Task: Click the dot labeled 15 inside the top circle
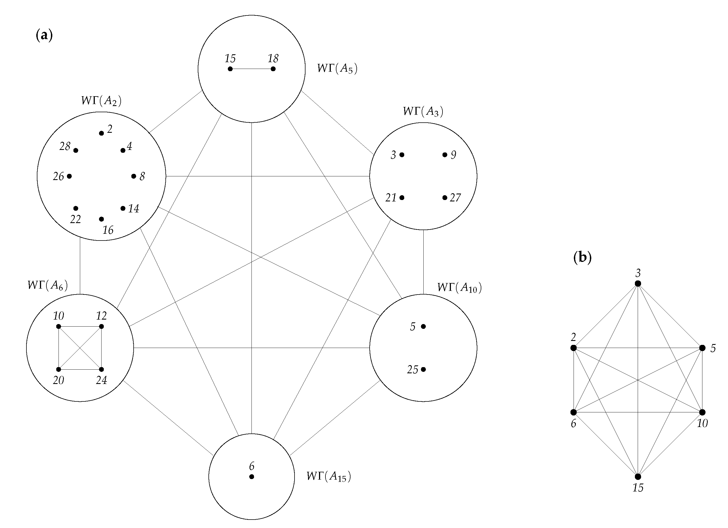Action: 230,69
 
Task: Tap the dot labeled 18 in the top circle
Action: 273,69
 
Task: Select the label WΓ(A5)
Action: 337,69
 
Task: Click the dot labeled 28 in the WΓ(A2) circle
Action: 76,150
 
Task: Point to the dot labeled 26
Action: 69,176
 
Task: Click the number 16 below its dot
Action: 108,230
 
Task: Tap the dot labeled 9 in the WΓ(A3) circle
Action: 444,155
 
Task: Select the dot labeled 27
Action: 444,198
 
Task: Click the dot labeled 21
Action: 402,198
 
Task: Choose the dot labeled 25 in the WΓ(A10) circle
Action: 423,369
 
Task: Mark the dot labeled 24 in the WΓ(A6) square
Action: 102,369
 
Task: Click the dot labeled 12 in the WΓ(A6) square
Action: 102,326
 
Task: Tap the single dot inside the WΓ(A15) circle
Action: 252,477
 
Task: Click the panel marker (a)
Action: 44,35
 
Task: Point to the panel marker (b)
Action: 582,258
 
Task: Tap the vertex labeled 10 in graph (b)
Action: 702,412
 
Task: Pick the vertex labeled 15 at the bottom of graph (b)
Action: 638,477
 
